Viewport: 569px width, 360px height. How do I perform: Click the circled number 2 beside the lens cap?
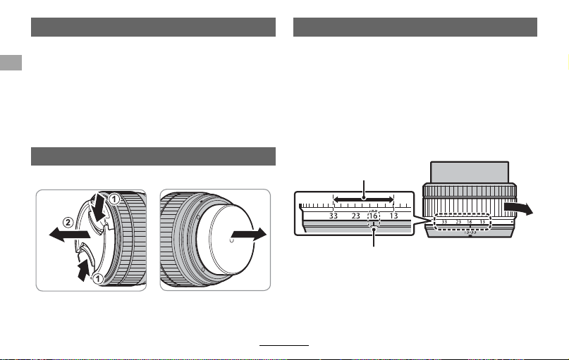[x=68, y=222]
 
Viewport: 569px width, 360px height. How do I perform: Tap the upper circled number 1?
[x=114, y=199]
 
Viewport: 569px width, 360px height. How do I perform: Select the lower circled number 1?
[x=97, y=279]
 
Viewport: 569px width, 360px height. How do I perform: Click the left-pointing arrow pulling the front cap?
[x=70, y=234]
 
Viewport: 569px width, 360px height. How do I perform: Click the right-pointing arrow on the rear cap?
[x=249, y=234]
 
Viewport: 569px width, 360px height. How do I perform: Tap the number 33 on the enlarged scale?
[x=333, y=216]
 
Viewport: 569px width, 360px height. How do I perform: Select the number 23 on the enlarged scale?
[x=355, y=216]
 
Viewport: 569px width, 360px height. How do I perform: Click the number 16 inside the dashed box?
[x=373, y=216]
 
